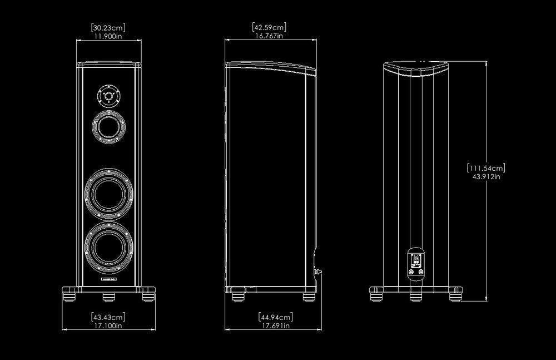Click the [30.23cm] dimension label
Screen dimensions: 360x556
[x=108, y=27]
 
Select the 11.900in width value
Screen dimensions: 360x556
[x=108, y=36]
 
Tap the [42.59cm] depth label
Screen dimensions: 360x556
[x=270, y=27]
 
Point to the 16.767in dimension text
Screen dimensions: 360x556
[x=270, y=36]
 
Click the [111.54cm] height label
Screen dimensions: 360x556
[x=486, y=167]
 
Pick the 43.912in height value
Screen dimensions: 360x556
[x=486, y=176]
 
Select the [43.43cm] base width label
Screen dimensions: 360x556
[x=108, y=317]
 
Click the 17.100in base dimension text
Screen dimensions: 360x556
[x=108, y=326]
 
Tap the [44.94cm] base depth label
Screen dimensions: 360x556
[x=276, y=317]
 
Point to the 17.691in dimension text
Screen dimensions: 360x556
[x=276, y=326]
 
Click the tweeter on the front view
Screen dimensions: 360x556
[x=108, y=96]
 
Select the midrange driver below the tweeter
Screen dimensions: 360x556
[x=108, y=127]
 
